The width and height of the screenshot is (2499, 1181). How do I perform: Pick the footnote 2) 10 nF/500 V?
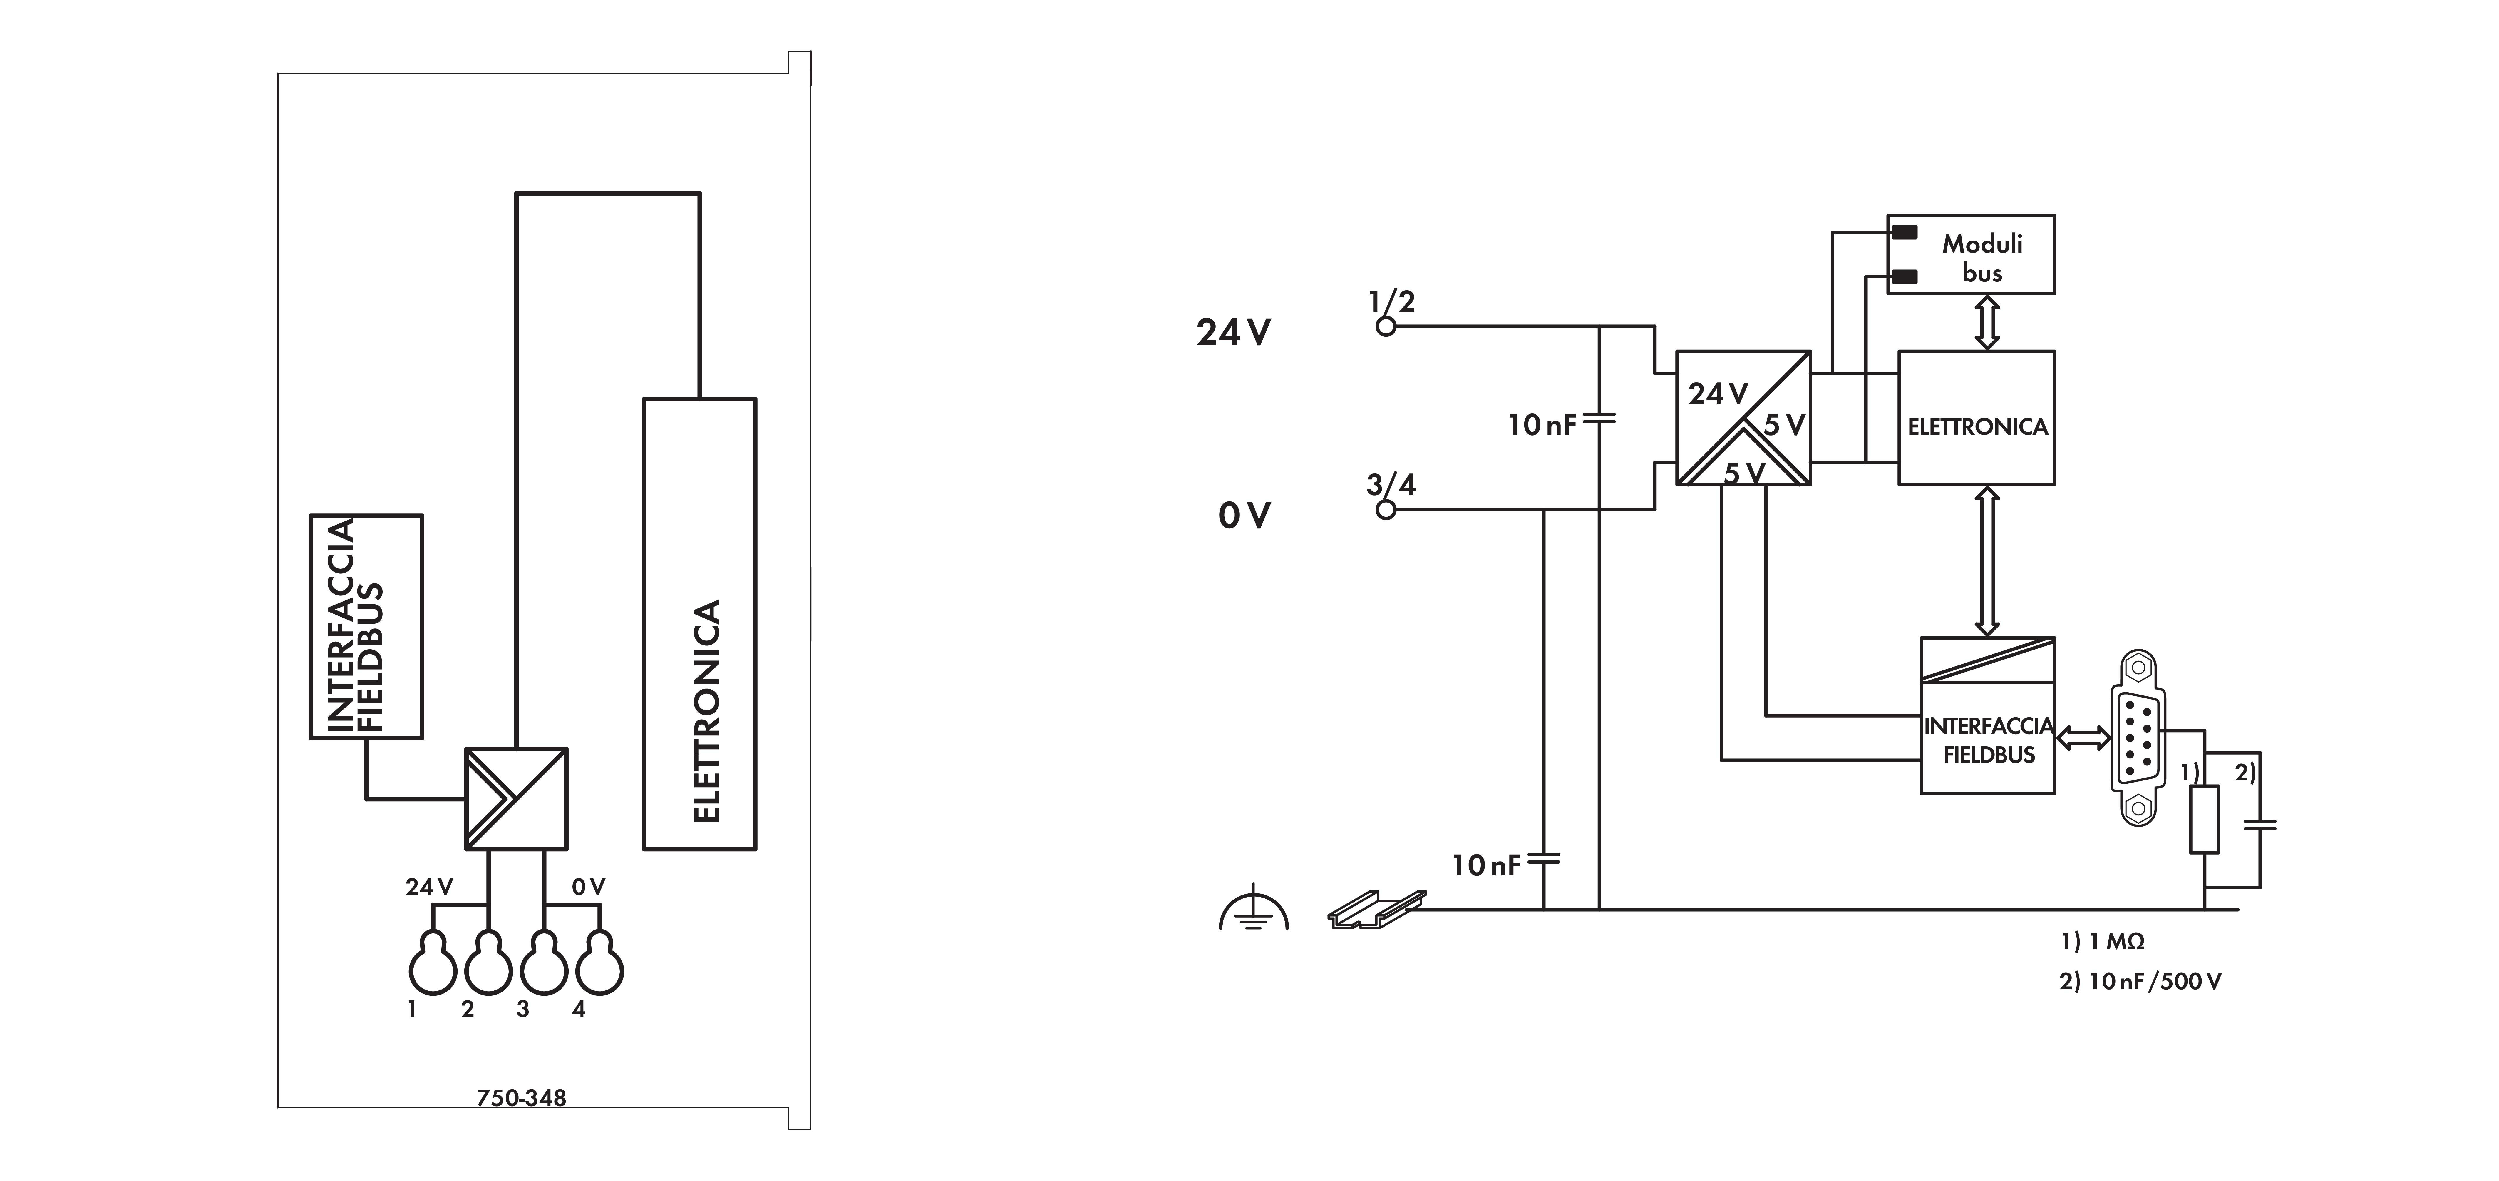[x=2140, y=981]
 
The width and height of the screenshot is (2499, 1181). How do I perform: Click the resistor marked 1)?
[x=2205, y=820]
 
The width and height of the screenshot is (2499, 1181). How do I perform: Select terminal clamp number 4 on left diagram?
[x=599, y=965]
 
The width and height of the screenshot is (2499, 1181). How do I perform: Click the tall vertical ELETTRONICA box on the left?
[x=699, y=624]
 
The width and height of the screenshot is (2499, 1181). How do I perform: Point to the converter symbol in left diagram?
[x=516, y=799]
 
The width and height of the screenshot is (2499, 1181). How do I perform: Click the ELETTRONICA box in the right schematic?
[x=1976, y=418]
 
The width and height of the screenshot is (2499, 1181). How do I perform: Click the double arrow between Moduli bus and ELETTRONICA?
[x=1987, y=322]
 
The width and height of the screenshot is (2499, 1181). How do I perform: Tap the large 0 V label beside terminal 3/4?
[x=1244, y=515]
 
